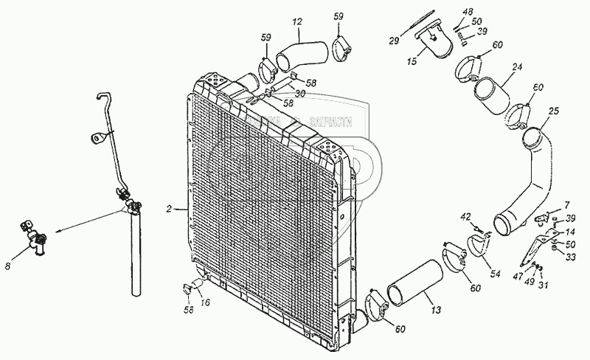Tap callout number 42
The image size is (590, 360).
coord(465,215)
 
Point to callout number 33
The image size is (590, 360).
coord(570,257)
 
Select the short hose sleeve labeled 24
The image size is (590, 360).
coord(493,94)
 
